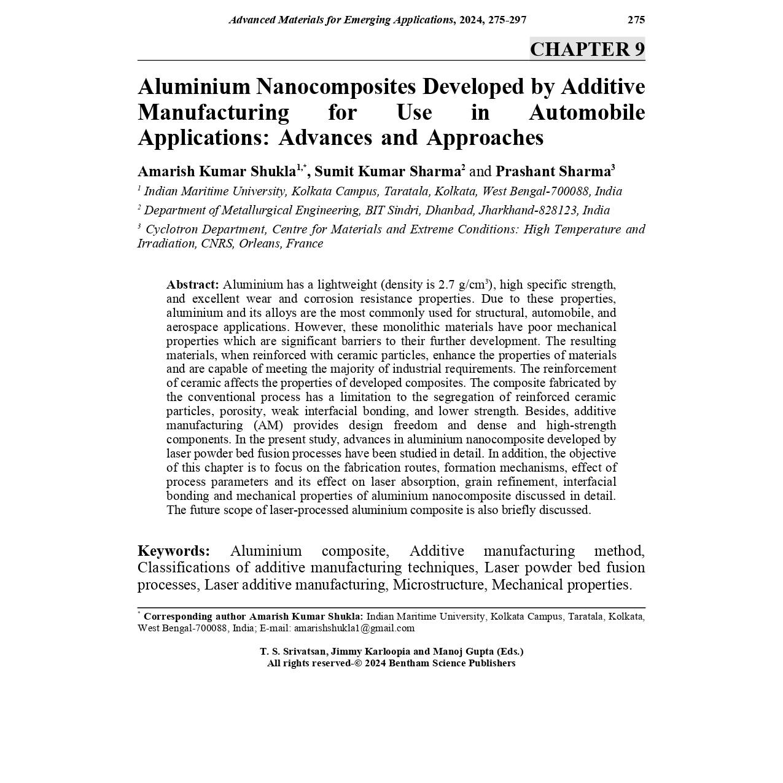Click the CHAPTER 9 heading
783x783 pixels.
click(587, 49)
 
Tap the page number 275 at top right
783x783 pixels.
click(636, 20)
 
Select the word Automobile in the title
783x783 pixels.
click(586, 112)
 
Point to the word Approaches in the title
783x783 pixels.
click(485, 138)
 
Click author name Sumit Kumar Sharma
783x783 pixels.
click(388, 171)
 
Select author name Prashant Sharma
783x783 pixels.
click(553, 171)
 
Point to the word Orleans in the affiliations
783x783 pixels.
click(259, 244)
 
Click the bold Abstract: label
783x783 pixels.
click(192, 285)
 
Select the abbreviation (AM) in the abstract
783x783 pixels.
click(268, 426)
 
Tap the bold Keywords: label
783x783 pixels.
click(174, 551)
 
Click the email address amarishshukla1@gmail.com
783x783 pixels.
click(354, 628)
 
